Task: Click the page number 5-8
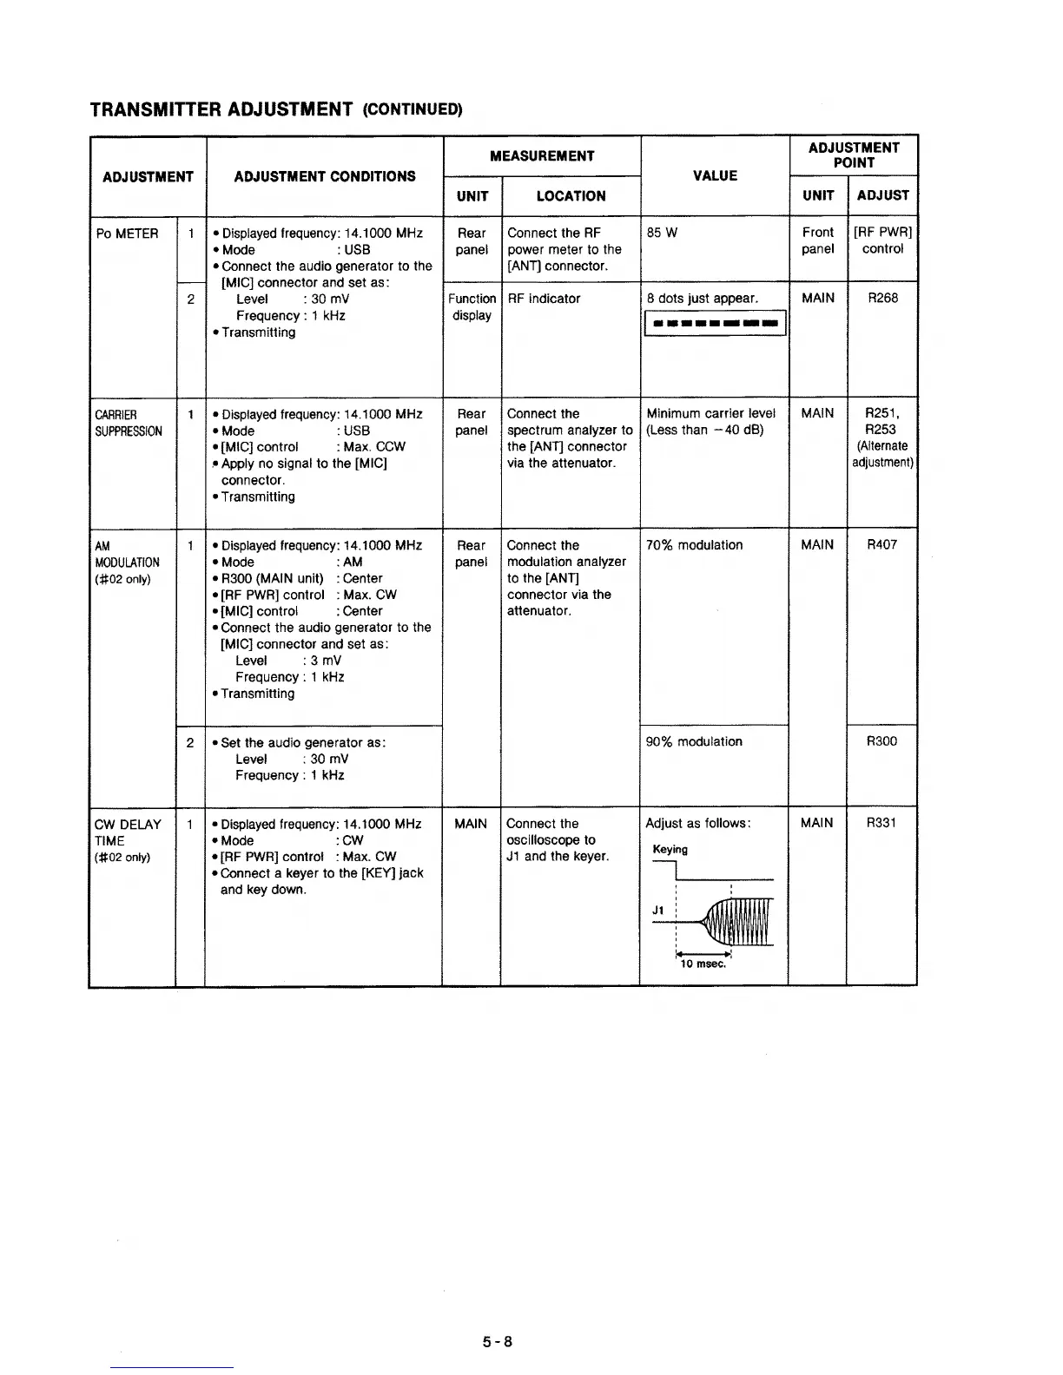pyautogui.click(x=498, y=1341)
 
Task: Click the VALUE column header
pyautogui.click(x=715, y=175)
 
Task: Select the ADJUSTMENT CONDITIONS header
pyautogui.click(x=325, y=176)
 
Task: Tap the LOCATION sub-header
pyautogui.click(x=571, y=196)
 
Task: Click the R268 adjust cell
pyautogui.click(x=882, y=298)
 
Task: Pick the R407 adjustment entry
pyautogui.click(x=882, y=544)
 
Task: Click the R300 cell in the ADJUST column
pyautogui.click(x=882, y=740)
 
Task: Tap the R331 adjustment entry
pyautogui.click(x=882, y=822)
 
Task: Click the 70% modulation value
pyautogui.click(x=695, y=545)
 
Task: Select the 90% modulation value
pyautogui.click(x=695, y=741)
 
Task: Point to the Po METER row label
pyautogui.click(x=127, y=234)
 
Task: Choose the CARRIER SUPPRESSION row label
pyautogui.click(x=129, y=422)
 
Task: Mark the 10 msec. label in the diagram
pyautogui.click(x=703, y=964)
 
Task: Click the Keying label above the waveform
pyautogui.click(x=670, y=849)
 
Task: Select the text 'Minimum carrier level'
pyautogui.click(x=710, y=413)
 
